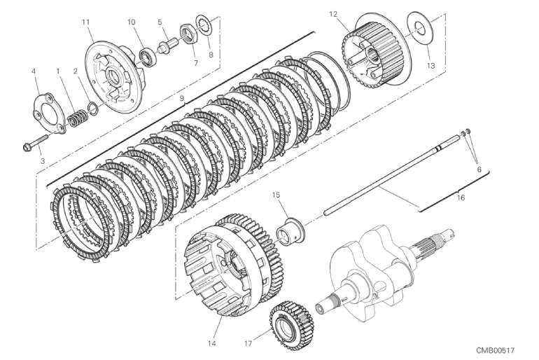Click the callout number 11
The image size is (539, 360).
[85, 22]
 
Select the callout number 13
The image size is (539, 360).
[430, 66]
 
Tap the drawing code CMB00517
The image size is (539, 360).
[495, 350]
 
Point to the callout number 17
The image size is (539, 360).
[248, 343]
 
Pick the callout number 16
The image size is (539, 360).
[461, 198]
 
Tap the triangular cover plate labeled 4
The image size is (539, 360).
[49, 109]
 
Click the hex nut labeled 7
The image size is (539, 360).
[188, 34]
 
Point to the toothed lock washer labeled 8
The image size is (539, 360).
[204, 25]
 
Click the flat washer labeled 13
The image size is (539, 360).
[420, 29]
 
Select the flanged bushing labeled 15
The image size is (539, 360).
[290, 232]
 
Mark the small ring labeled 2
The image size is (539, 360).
[92, 107]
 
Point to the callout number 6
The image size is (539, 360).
[479, 169]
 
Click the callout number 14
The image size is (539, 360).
[211, 343]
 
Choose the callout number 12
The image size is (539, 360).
[333, 15]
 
